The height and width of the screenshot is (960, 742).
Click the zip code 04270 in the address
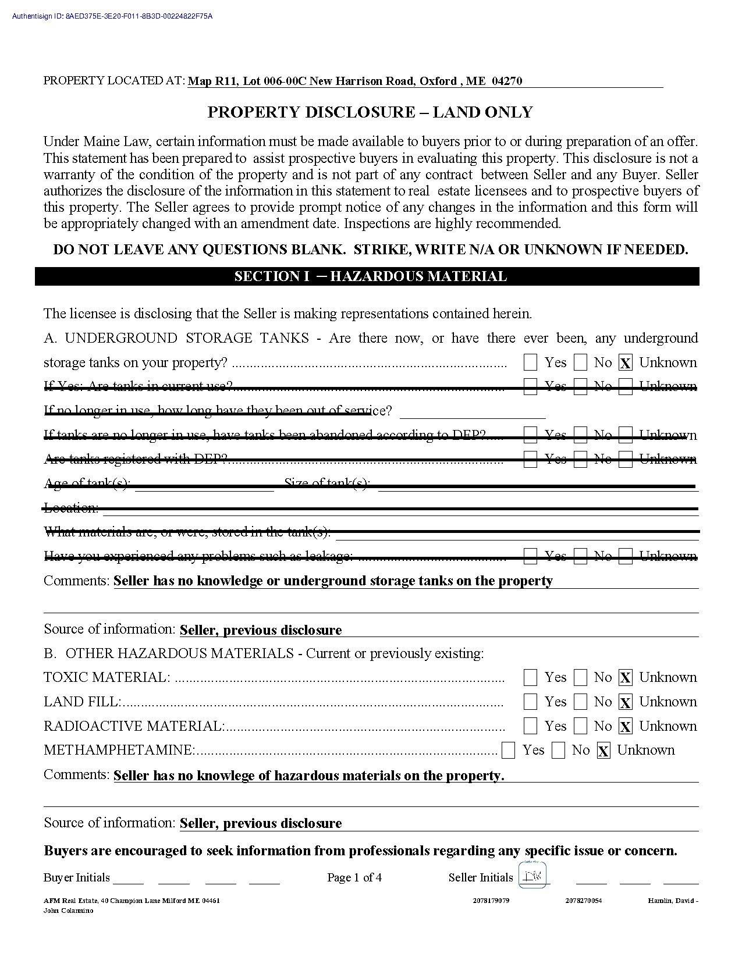coord(507,81)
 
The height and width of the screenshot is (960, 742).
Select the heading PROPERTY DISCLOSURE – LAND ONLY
coord(370,112)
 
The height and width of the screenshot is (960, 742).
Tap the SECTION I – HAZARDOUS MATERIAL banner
coord(370,276)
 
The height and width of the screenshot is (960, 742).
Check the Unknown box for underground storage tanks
coord(625,363)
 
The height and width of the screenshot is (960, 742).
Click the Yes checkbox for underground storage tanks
coord(530,363)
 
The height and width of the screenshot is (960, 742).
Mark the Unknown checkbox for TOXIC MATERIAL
coord(625,678)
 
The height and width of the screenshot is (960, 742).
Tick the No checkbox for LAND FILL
coord(580,702)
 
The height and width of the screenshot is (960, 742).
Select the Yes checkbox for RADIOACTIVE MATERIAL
coord(530,727)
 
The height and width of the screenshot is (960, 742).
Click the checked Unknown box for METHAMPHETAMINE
coord(603,751)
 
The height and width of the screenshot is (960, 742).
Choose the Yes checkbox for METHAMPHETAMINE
coord(508,751)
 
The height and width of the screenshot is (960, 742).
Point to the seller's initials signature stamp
coord(532,876)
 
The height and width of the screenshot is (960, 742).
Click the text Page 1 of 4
coord(354,877)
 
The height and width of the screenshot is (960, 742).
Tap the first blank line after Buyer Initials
coord(128,879)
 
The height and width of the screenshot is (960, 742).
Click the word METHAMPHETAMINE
coord(118,751)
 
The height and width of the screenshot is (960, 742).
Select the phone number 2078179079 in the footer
coord(492,901)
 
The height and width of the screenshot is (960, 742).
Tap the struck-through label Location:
coord(71,508)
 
